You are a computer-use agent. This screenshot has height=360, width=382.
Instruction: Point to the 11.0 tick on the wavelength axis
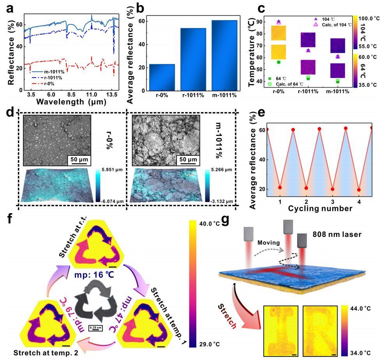pos(91,95)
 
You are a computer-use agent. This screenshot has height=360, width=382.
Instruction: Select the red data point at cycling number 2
pos(307,188)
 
